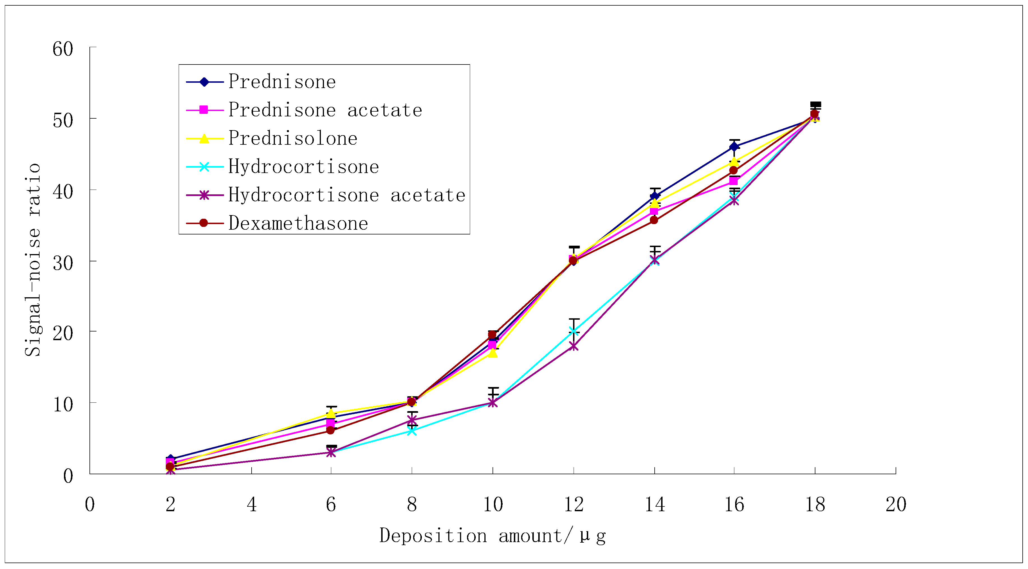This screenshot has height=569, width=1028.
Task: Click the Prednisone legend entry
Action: point(282,82)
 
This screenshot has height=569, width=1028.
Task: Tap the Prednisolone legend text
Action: point(293,139)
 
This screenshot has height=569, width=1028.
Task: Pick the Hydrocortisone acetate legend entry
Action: point(346,195)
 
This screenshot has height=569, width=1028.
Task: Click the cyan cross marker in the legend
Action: point(204,167)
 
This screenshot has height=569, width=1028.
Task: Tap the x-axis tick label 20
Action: point(896,505)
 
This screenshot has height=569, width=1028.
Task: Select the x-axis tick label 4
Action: point(251,505)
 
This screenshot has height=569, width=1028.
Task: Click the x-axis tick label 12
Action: point(573,505)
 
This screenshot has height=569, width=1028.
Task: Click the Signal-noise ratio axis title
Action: point(33,259)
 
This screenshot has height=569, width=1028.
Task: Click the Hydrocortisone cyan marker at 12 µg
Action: point(573,331)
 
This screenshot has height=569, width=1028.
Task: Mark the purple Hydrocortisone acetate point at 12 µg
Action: point(573,346)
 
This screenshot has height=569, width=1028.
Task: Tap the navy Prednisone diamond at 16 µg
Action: point(734,147)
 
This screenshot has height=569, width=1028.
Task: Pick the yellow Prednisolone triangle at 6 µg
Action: point(331,413)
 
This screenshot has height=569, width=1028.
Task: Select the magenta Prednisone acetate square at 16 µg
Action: point(733,181)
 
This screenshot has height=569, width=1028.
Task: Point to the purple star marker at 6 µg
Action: point(331,453)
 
